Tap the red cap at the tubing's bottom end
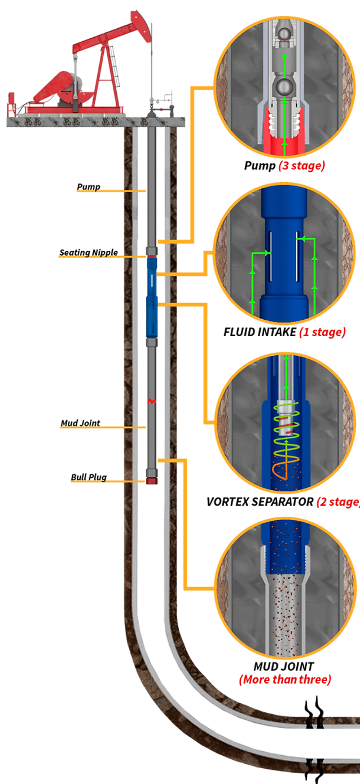point(151,482)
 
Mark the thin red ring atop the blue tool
point(151,257)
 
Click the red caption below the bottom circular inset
point(284,680)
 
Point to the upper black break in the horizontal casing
point(316,720)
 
